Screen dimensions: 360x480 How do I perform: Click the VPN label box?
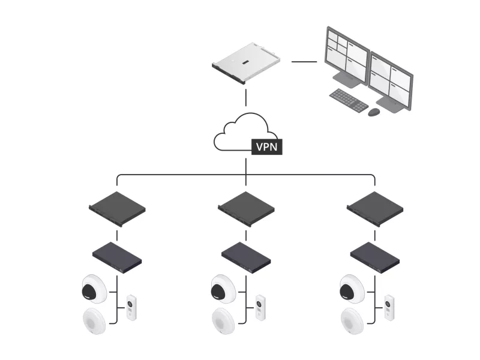click(266, 146)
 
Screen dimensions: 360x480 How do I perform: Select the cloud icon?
click(240, 132)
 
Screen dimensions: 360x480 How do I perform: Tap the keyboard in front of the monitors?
click(349, 100)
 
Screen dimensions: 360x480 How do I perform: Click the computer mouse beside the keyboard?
click(374, 112)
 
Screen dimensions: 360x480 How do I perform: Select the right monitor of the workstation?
click(391, 80)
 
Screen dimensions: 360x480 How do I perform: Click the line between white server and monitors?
click(304, 61)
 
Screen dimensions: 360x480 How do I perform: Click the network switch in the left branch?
click(117, 257)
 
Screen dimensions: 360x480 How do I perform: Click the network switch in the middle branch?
click(246, 257)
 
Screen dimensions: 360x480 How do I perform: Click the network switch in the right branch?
click(375, 257)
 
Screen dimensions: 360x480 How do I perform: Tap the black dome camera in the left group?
click(93, 289)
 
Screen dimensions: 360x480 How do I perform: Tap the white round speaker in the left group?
click(94, 320)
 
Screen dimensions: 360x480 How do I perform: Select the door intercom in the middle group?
click(260, 307)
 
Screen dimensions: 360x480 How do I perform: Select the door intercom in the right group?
click(390, 307)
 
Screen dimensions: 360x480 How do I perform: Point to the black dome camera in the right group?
click(352, 289)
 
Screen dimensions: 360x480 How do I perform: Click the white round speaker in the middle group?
click(223, 320)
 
